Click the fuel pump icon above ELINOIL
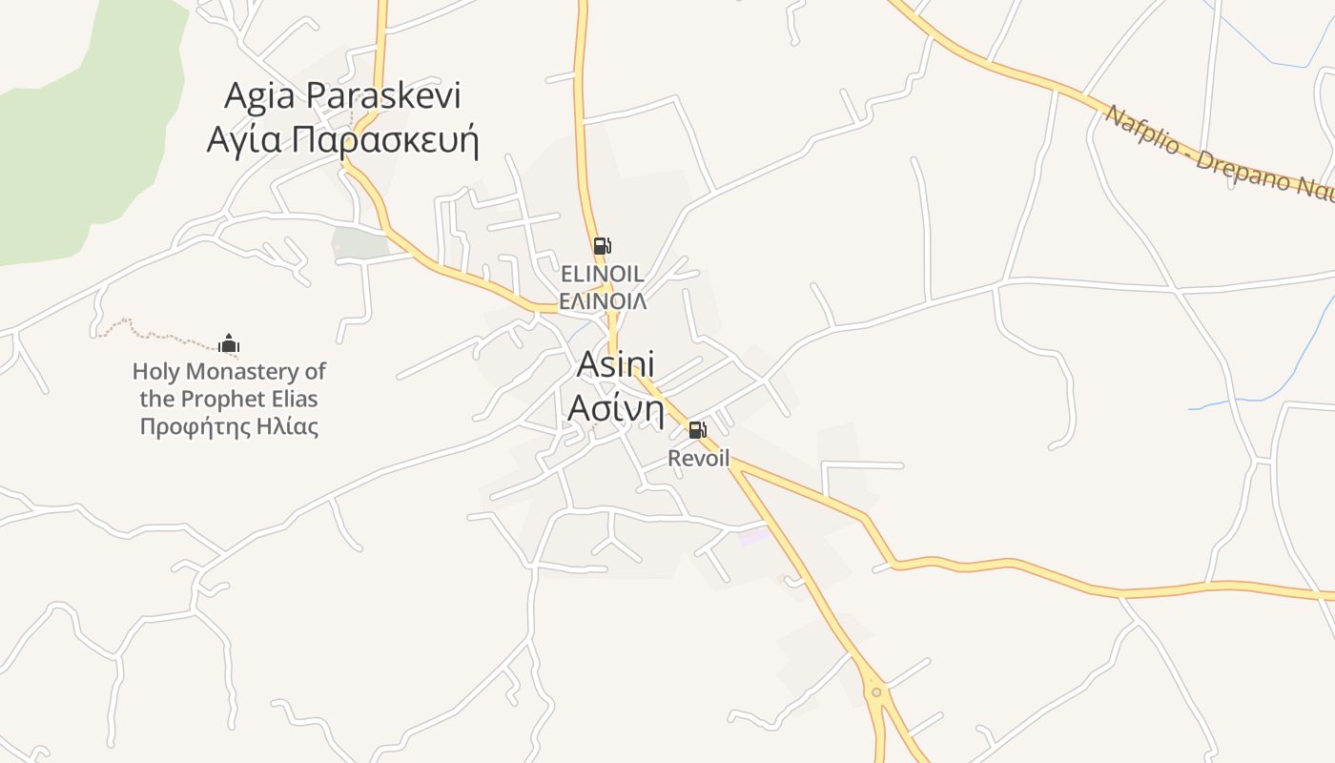click(602, 246)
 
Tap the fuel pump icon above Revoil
click(697, 430)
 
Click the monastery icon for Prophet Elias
click(229, 343)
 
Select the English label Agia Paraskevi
click(342, 96)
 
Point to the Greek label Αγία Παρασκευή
click(342, 139)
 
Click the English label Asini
click(616, 365)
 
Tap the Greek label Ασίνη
click(616, 408)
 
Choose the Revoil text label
click(698, 459)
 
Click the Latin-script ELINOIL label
click(602, 275)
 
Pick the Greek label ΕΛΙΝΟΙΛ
click(602, 301)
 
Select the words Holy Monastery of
click(229, 371)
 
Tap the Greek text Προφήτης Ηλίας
click(229, 426)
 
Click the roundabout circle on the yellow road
click(876, 691)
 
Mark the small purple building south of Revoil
click(753, 536)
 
